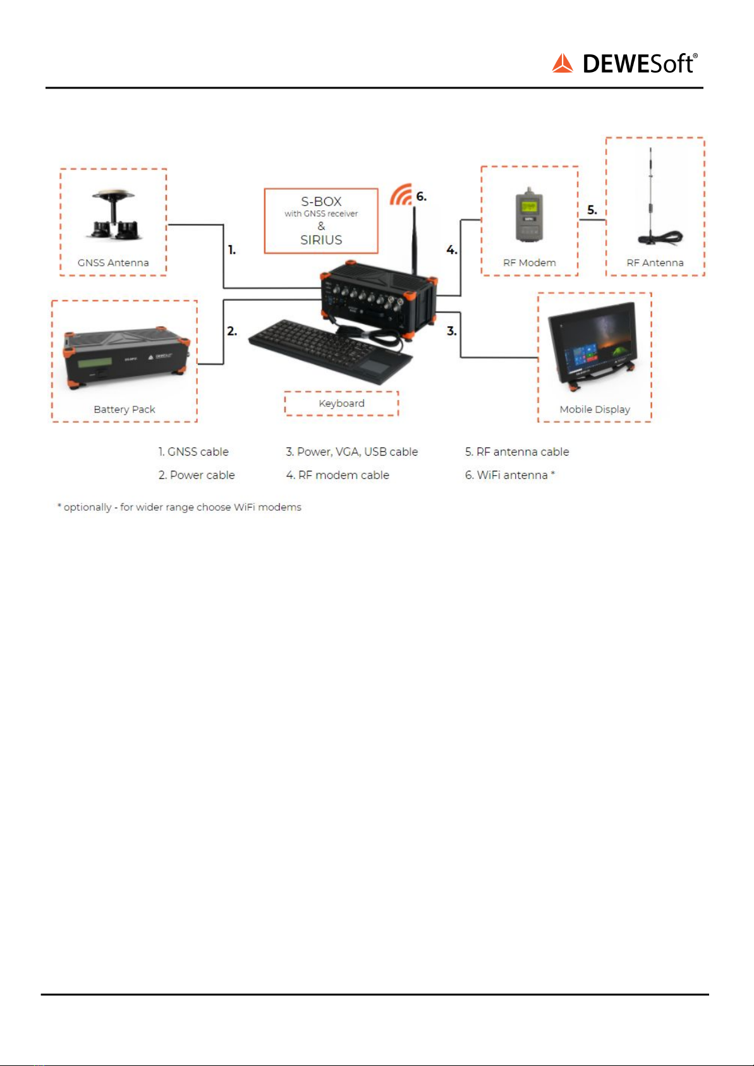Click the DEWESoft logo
(624, 64)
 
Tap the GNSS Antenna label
(113, 263)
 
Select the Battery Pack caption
(125, 409)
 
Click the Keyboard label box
(341, 403)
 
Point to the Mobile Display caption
(595, 409)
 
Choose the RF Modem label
(530, 263)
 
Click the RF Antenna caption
(655, 263)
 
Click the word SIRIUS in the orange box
(321, 240)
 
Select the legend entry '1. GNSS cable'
(193, 452)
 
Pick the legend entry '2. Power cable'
(197, 475)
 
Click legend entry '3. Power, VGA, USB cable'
(352, 452)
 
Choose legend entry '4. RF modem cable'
(337, 475)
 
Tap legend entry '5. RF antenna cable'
(517, 452)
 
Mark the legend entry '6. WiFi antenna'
(509, 475)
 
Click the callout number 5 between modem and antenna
(592, 210)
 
